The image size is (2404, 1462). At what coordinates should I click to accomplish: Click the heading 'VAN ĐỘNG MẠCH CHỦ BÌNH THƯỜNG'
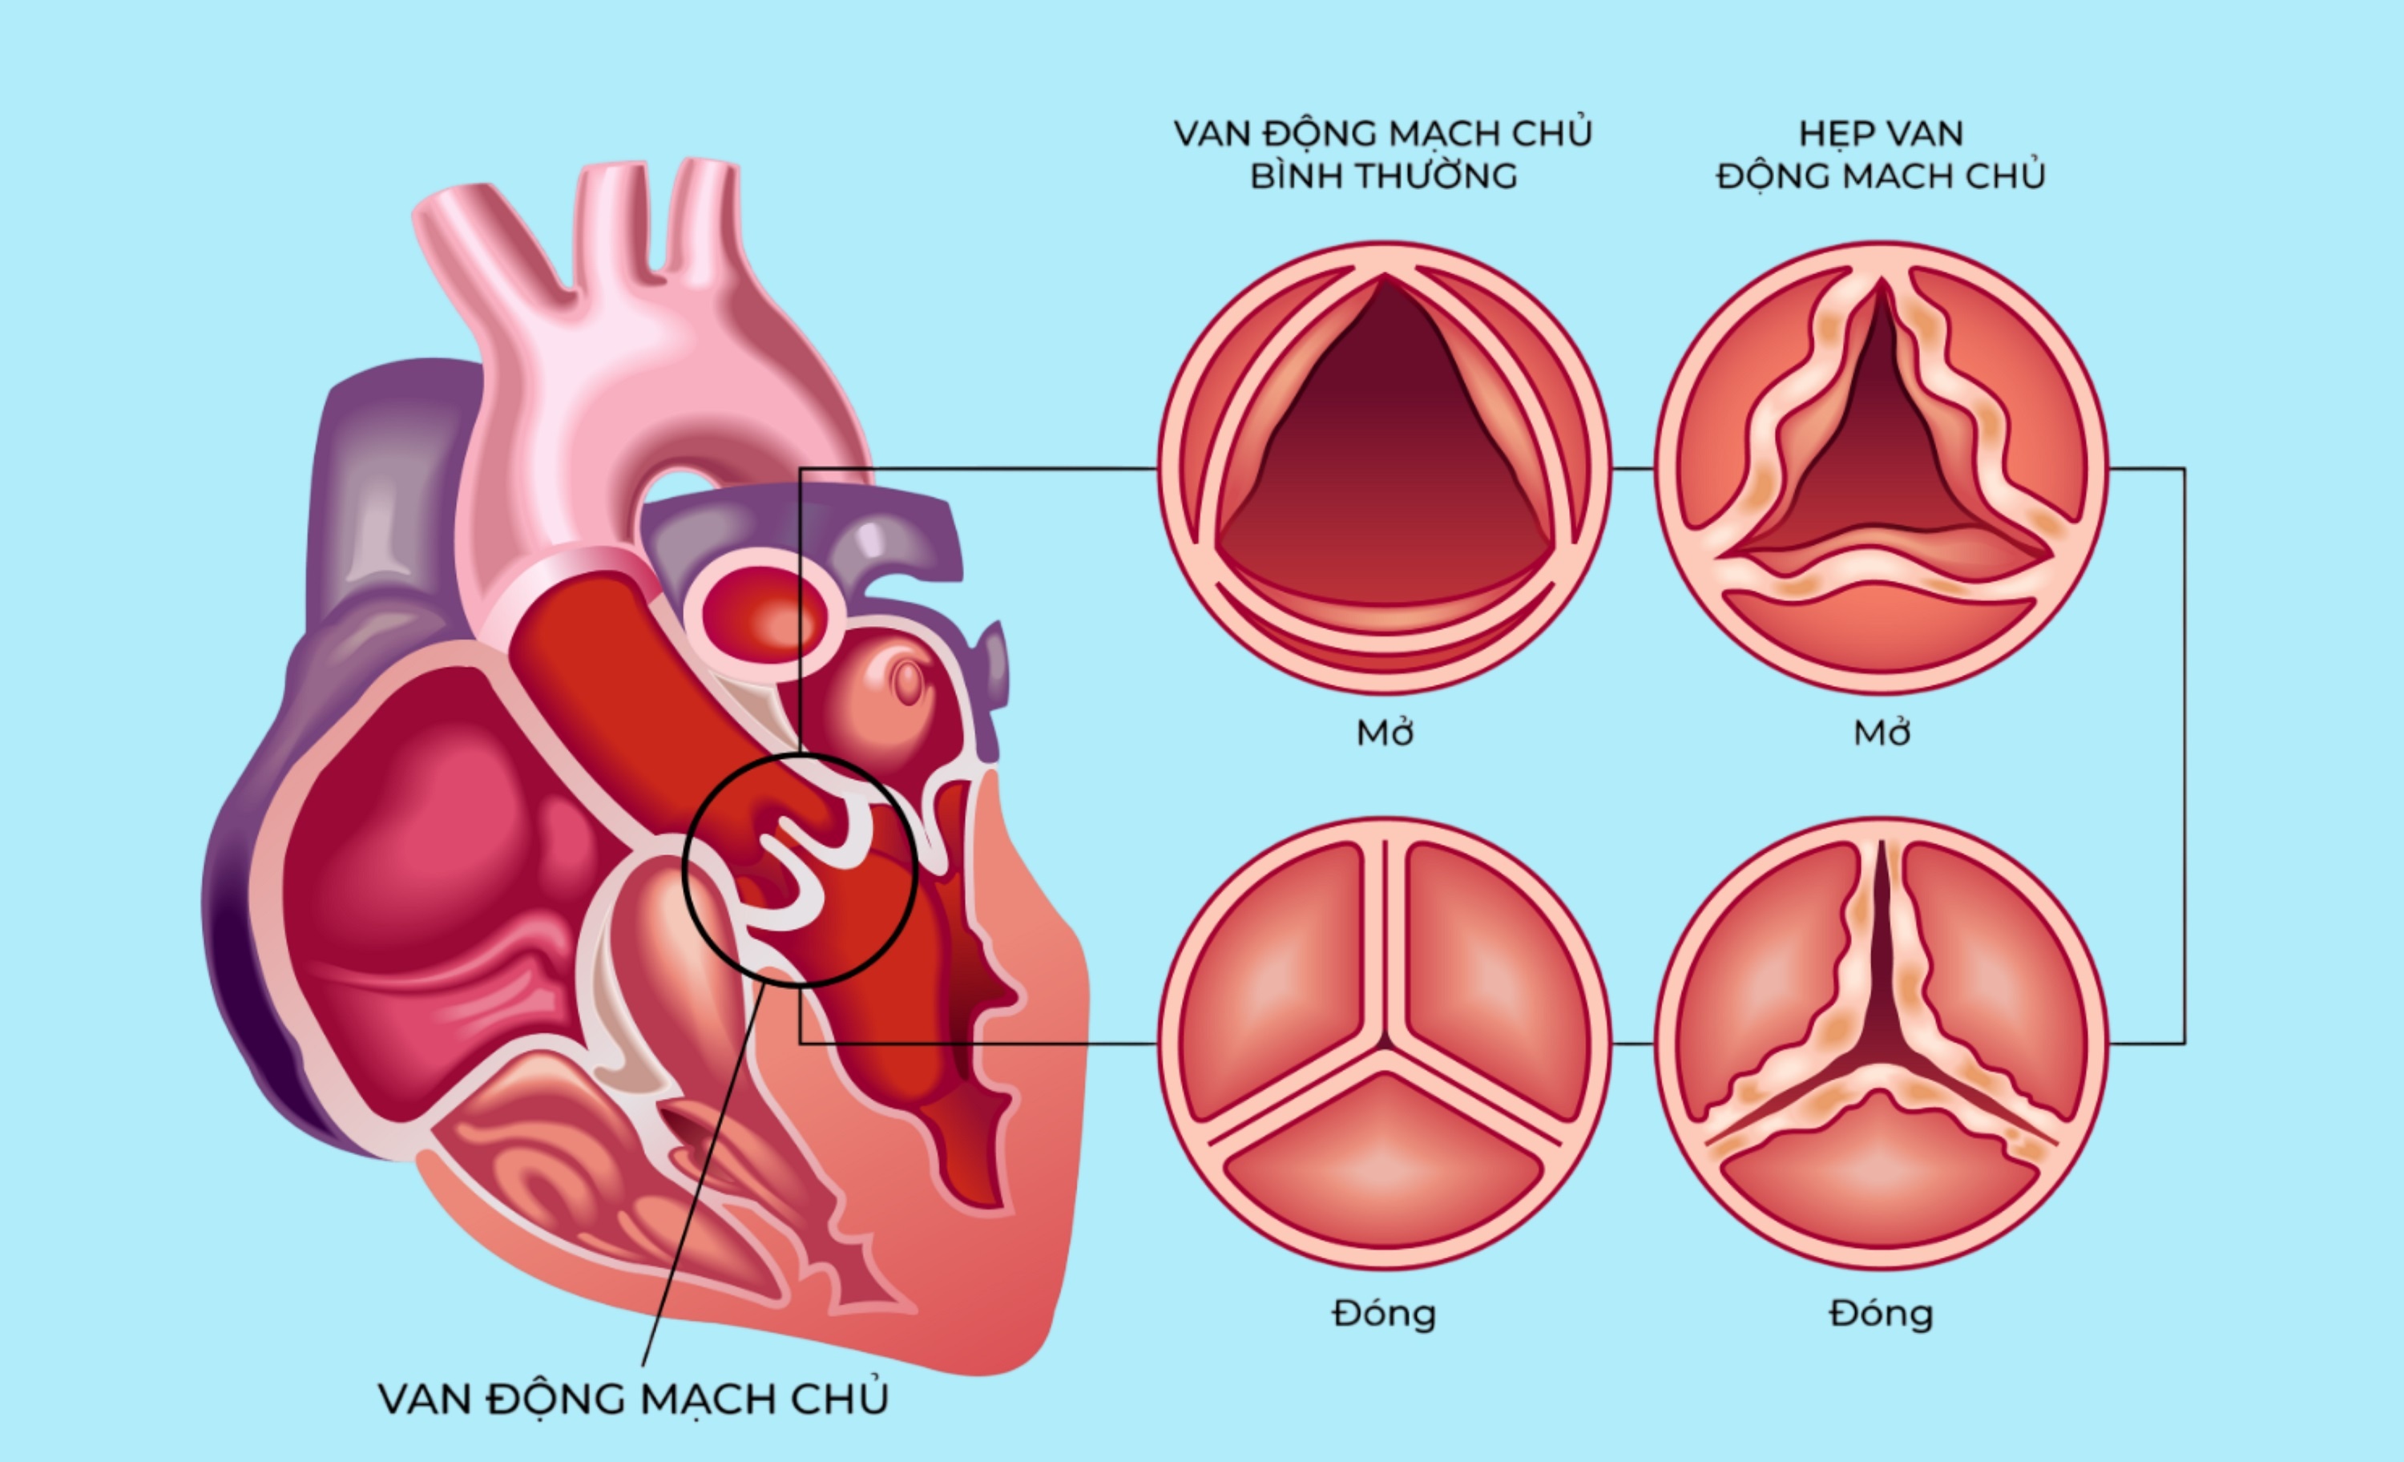(1383, 154)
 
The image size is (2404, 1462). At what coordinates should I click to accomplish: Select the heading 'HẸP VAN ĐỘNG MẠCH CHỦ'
(1880, 154)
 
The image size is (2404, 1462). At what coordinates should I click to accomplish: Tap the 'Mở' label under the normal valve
(1385, 733)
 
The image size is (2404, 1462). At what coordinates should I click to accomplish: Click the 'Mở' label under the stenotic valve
(1881, 733)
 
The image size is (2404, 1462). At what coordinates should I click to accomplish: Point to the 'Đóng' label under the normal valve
(1385, 1314)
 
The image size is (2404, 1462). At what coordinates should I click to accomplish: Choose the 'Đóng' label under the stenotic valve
(1881, 1314)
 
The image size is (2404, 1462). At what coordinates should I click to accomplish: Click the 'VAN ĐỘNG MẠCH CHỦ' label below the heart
(633, 1399)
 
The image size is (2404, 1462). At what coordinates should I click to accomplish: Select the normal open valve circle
(1385, 467)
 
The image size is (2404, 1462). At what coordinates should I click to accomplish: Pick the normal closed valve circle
(1385, 1044)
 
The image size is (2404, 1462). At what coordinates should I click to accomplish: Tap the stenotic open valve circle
(1881, 467)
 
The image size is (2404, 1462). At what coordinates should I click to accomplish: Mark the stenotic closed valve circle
(1881, 1044)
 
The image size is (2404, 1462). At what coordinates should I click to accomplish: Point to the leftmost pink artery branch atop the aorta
(478, 244)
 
